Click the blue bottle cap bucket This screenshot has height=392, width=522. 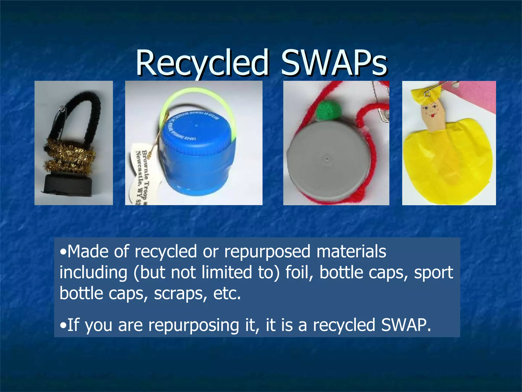coord(196,158)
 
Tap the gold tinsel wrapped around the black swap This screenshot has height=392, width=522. coord(70,156)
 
